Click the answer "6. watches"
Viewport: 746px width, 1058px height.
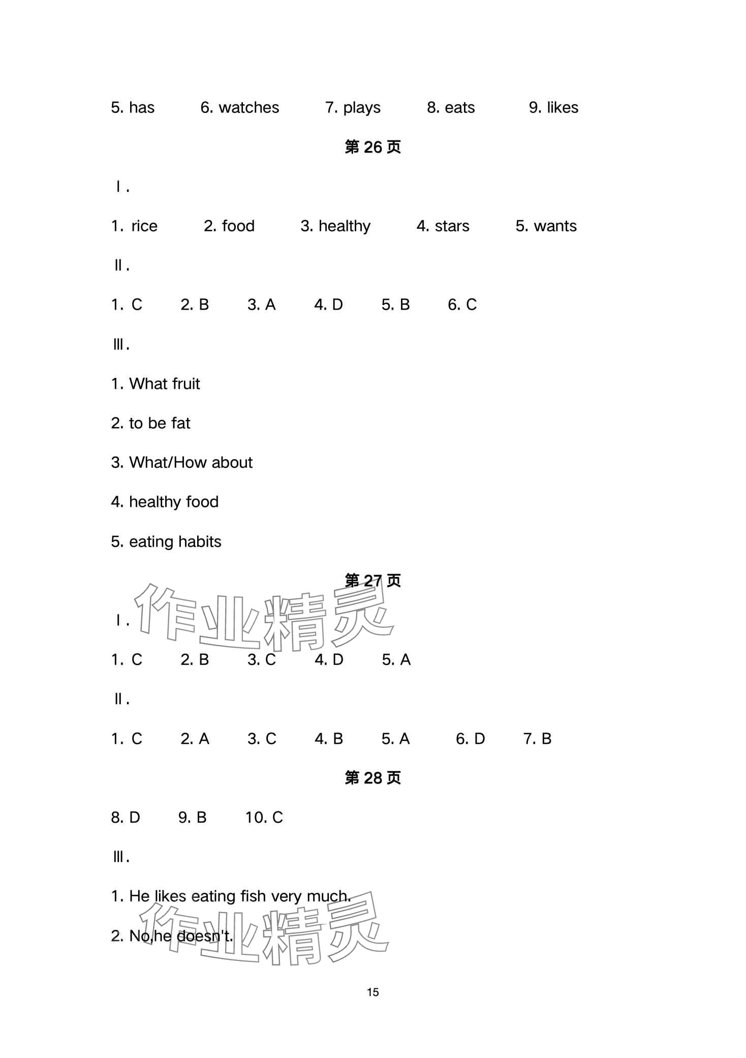point(239,108)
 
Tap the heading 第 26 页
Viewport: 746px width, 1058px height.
point(372,147)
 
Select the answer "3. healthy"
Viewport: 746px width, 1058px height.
point(335,226)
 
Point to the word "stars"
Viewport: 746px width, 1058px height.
point(452,226)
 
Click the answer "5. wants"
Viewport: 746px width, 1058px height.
point(546,226)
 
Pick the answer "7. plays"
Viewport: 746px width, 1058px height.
point(353,108)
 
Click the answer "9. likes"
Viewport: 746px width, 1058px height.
point(553,108)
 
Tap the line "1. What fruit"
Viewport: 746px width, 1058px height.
point(156,384)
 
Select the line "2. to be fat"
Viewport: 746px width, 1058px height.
point(150,424)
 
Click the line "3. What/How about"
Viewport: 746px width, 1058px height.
point(181,463)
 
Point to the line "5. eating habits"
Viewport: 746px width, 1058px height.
point(166,542)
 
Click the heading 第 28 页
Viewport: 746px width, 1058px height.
point(372,778)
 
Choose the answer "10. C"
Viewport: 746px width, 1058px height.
point(264,818)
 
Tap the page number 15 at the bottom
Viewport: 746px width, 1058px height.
point(372,992)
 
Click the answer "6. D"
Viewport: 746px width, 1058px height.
point(470,739)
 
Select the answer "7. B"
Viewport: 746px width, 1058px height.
point(537,739)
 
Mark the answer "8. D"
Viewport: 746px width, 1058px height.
point(125,818)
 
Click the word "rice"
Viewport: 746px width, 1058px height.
point(144,226)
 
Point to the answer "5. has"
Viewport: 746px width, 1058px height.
point(133,108)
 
